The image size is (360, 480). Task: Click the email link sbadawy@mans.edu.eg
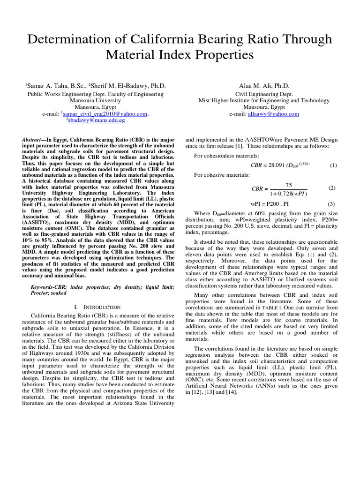coord(97,120)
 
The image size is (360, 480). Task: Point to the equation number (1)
coord(333,165)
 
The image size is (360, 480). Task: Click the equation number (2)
coord(332,188)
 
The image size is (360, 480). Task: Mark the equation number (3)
coord(331,204)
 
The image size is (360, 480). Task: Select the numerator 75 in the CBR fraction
coord(288,185)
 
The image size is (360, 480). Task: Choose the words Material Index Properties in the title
coord(180,55)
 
